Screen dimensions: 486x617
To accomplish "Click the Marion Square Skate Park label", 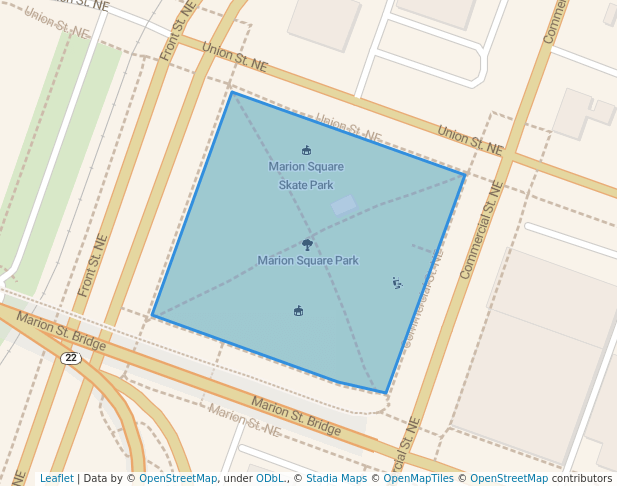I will pyautogui.click(x=306, y=175).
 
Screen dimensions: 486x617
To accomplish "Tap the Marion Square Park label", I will pyautogui.click(x=308, y=261).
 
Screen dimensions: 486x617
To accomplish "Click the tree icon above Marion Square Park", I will pyautogui.click(x=307, y=243).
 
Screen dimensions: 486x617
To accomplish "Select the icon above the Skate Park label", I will pyautogui.click(x=306, y=151).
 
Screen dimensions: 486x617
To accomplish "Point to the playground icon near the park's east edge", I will pyautogui.click(x=397, y=284).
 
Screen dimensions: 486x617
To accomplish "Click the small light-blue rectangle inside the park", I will pyautogui.click(x=343, y=205).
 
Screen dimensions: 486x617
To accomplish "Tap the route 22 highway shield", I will pyautogui.click(x=70, y=358).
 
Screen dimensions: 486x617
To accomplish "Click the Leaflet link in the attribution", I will pyautogui.click(x=56, y=479).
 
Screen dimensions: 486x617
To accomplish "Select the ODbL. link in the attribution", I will pyautogui.click(x=270, y=479).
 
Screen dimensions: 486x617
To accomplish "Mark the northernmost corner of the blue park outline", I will pyautogui.click(x=231, y=92).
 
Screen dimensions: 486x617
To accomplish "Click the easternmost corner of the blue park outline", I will pyautogui.click(x=465, y=174).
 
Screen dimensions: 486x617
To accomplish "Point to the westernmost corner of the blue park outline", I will pyautogui.click(x=152, y=317).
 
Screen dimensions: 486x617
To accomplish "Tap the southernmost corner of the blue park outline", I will pyautogui.click(x=386, y=393).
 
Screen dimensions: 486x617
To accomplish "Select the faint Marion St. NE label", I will pyautogui.click(x=246, y=421).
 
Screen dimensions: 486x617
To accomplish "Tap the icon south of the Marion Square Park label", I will pyautogui.click(x=298, y=311).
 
